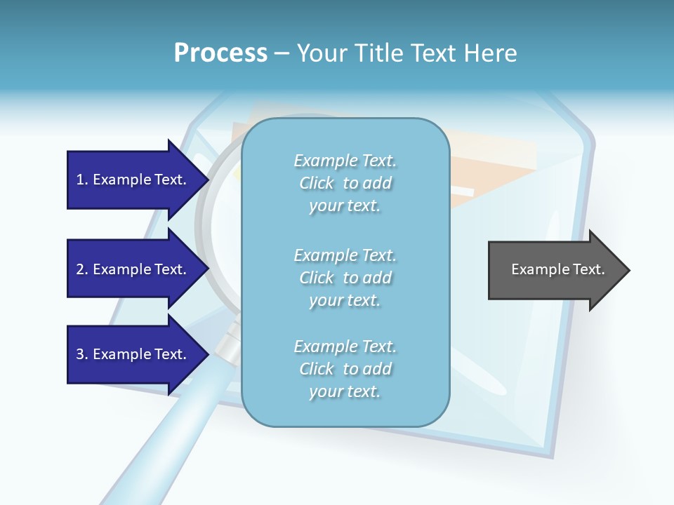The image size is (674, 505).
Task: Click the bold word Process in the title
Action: (220, 53)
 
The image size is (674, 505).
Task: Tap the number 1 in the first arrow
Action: (80, 180)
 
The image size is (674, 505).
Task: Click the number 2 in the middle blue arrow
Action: (80, 269)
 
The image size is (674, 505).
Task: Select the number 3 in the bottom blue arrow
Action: (80, 354)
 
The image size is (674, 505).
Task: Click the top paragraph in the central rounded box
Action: (345, 183)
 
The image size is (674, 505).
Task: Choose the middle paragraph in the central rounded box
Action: (345, 278)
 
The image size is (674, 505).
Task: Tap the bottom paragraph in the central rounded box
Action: (345, 369)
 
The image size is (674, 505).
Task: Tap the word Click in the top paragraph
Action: (317, 183)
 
